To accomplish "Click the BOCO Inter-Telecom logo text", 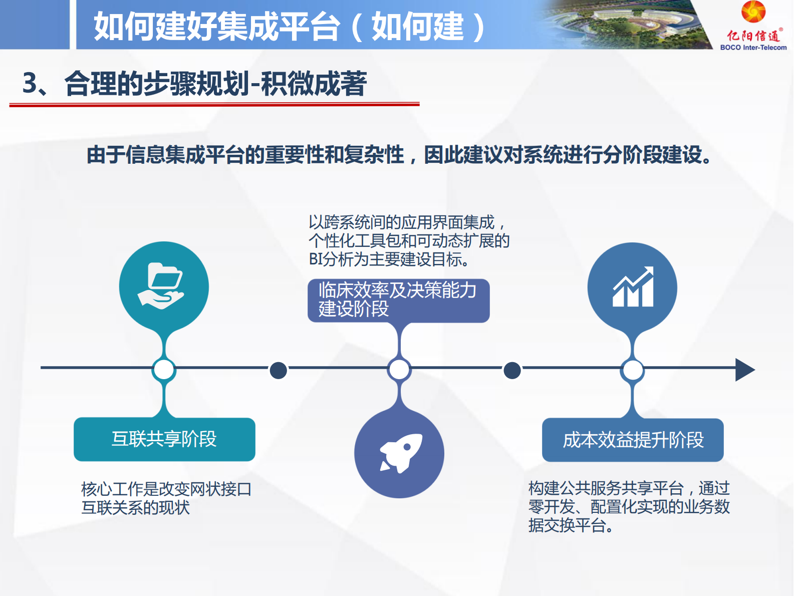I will [753, 48].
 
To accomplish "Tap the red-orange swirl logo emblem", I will [753, 12].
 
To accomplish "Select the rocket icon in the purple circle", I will [400, 453].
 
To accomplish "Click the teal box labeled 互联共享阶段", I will [164, 439].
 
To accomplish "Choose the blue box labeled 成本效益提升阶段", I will [633, 440].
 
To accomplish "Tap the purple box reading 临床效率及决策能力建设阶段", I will [398, 300].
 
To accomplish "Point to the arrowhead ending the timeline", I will [744, 370].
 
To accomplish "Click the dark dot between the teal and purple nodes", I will [278, 370].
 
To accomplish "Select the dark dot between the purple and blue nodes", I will [511, 370].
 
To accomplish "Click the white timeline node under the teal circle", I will [164, 370].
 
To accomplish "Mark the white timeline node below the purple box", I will [399, 370].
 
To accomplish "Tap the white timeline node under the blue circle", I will [632, 370].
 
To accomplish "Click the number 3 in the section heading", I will [30, 83].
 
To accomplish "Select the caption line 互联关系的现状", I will [136, 508].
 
